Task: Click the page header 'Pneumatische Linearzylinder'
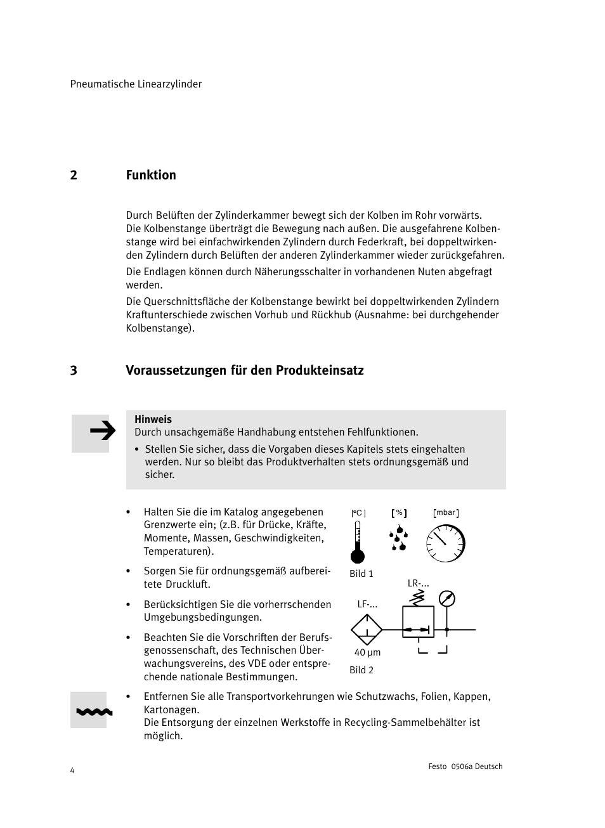click(x=136, y=84)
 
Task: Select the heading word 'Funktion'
click(x=151, y=175)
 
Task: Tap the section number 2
click(x=74, y=175)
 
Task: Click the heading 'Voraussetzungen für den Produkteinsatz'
click(x=245, y=370)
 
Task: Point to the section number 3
click(x=74, y=370)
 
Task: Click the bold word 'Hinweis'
click(x=153, y=419)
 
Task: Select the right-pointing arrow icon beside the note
click(x=102, y=432)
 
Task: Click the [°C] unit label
click(x=358, y=514)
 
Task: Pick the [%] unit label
click(x=399, y=513)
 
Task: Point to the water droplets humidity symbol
click(x=398, y=539)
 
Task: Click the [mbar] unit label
click(x=446, y=513)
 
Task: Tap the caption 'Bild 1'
click(x=361, y=574)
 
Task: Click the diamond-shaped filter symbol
click(x=367, y=630)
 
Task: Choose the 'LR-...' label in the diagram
click(x=418, y=583)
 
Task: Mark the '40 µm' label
click(x=367, y=652)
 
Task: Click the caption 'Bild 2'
click(x=361, y=670)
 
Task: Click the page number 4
click(x=72, y=770)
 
